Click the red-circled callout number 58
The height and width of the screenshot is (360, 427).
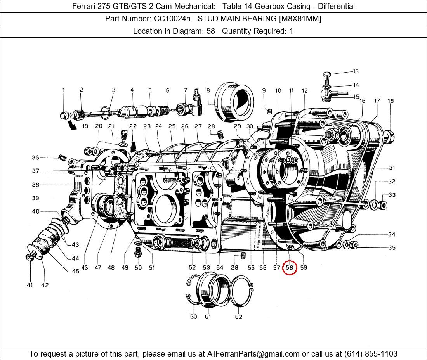click(290, 268)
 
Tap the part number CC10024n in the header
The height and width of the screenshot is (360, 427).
click(172, 19)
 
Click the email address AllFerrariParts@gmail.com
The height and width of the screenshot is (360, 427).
click(253, 354)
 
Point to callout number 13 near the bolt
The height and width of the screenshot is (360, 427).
click(356, 71)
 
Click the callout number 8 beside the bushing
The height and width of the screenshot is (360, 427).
click(208, 91)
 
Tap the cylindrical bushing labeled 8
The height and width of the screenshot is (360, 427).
click(234, 102)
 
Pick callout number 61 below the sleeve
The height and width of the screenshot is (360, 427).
click(208, 317)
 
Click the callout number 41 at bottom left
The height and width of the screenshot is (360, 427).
click(30, 285)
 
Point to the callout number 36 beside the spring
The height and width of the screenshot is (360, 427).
click(35, 157)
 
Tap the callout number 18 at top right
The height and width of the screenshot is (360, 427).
click(391, 101)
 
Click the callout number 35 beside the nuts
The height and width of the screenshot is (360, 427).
click(392, 248)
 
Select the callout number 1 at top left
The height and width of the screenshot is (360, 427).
click(64, 90)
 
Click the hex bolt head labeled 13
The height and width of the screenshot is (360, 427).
click(326, 74)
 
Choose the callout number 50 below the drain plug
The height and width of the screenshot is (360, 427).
click(138, 268)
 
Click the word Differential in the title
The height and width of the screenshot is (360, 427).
click(336, 6)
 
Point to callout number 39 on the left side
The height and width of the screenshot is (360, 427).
click(35, 198)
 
